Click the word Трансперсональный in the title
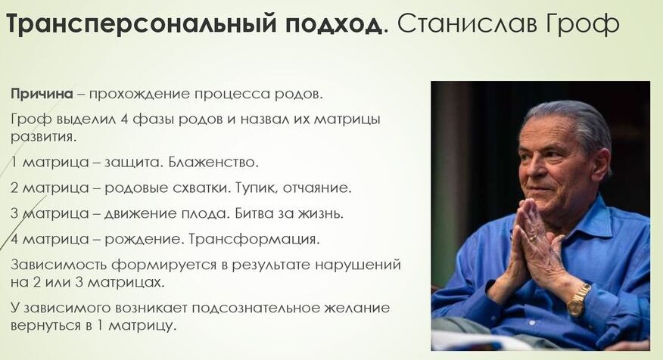point(142,25)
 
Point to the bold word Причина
point(42,94)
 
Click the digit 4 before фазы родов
point(124,119)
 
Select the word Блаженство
point(213,163)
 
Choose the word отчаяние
point(317,188)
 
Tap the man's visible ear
point(600,164)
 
